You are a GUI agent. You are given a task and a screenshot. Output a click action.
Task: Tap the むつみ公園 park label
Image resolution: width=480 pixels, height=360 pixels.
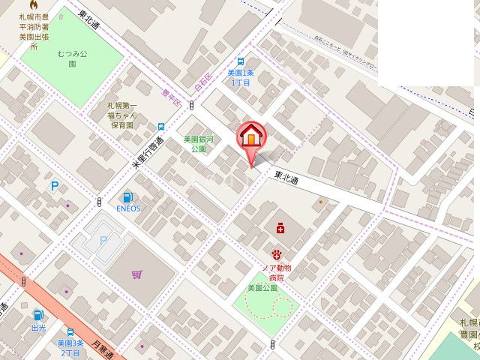click(x=72, y=58)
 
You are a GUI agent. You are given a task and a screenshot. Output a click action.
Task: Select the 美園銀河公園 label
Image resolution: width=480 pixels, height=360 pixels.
click(x=198, y=143)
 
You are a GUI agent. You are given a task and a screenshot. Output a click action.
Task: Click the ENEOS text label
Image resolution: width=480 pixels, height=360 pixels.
click(x=128, y=208)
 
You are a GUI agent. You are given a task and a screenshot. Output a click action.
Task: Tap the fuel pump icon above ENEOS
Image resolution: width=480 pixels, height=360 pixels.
click(x=128, y=197)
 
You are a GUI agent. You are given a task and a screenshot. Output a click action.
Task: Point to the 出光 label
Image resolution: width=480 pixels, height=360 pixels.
click(x=38, y=328)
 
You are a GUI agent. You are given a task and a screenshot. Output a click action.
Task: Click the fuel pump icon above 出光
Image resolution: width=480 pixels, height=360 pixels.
click(x=38, y=316)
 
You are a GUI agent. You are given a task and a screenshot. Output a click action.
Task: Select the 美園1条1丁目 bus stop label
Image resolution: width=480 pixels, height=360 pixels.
click(x=241, y=77)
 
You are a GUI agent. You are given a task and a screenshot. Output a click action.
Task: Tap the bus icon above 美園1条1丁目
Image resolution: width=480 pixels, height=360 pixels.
click(x=241, y=62)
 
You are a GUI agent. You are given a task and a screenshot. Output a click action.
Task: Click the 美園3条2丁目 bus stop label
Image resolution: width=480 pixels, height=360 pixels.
click(x=69, y=347)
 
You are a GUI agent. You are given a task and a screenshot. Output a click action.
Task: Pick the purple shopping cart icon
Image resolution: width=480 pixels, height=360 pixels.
click(x=136, y=274)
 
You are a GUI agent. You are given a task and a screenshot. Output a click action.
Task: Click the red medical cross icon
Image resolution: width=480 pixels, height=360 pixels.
click(x=280, y=228)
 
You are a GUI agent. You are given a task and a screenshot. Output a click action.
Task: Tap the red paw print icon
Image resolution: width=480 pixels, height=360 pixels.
click(x=276, y=256)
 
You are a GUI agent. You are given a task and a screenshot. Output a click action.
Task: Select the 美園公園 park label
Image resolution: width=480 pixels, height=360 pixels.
click(x=262, y=287)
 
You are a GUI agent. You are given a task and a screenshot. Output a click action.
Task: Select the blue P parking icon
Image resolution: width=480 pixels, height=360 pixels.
click(x=54, y=186)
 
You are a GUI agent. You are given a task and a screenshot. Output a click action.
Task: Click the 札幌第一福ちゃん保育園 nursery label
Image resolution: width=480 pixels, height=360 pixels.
click(x=122, y=115)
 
